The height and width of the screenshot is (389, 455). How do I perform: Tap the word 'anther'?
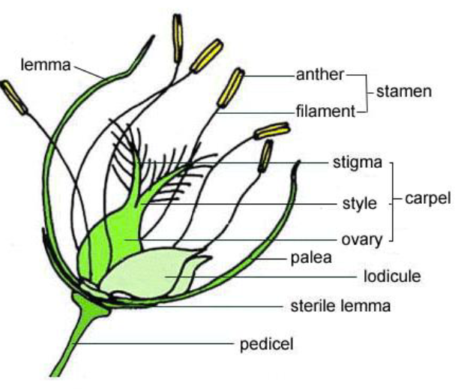[320, 74]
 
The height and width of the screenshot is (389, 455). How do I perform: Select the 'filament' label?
[323, 112]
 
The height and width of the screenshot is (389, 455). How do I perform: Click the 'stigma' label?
[357, 162]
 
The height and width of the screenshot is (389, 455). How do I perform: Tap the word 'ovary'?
[360, 241]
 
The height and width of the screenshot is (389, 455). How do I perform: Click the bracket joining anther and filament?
[368, 93]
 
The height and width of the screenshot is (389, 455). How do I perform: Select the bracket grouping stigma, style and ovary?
[392, 201]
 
